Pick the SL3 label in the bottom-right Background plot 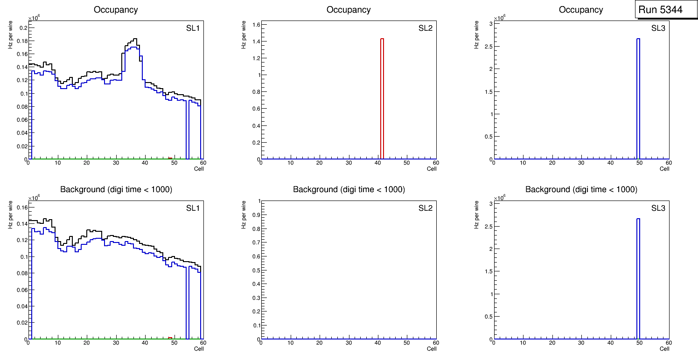658,208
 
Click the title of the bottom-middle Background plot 349,189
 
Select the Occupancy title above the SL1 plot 116,9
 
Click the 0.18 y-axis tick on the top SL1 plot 21,41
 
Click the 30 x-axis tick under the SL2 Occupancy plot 349,163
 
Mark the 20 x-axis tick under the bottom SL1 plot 86,343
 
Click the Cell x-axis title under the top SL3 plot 664,169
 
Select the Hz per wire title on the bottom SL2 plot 243,215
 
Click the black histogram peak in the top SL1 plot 134,39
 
